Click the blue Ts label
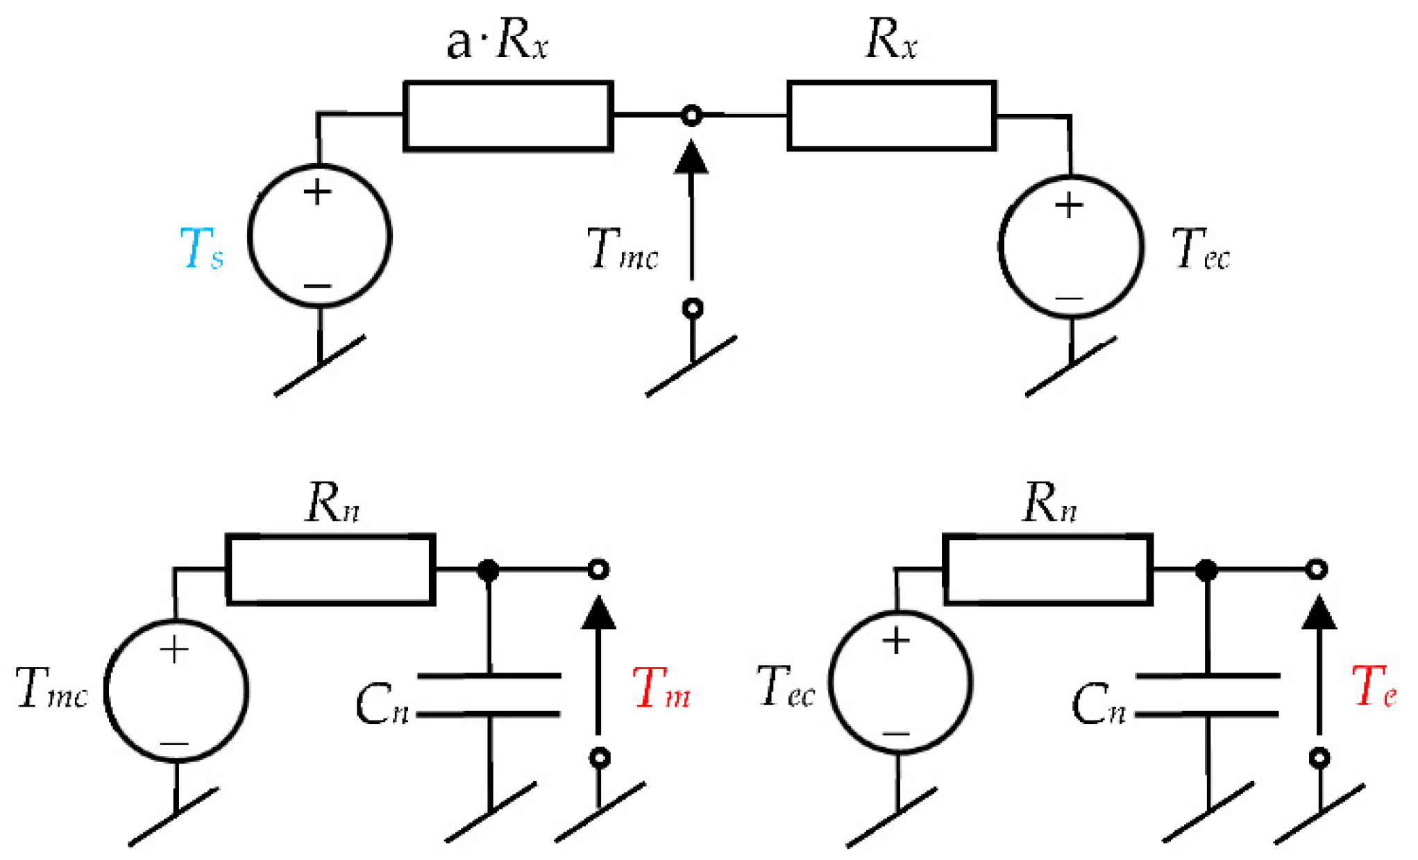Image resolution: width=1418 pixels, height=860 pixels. [201, 248]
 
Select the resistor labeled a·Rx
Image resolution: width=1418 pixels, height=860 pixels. [508, 116]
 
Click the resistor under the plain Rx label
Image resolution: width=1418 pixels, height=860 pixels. [892, 116]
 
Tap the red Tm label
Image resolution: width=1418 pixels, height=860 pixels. [661, 689]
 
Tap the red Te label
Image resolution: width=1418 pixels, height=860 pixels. [1374, 687]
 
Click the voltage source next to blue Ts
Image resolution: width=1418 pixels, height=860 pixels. [319, 236]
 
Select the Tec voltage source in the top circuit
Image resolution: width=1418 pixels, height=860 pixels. [1070, 247]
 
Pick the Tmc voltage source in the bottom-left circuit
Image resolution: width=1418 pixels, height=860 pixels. [176, 691]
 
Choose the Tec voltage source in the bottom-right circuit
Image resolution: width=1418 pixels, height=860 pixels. [900, 682]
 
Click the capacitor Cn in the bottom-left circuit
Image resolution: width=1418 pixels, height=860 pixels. [489, 695]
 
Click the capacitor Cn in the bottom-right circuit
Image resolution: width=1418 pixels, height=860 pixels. [1208, 695]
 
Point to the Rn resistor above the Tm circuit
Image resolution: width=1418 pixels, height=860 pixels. [330, 570]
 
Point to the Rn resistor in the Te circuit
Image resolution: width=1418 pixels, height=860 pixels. [1048, 570]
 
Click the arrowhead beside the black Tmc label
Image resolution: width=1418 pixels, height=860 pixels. [691, 158]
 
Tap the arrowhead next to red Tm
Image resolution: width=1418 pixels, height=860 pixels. [598, 614]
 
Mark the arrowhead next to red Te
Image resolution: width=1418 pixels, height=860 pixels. [1319, 614]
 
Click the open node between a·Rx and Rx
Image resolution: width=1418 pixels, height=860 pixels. [691, 115]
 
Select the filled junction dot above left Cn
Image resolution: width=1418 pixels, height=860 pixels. [489, 571]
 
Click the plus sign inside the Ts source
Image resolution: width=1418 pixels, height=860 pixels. [318, 192]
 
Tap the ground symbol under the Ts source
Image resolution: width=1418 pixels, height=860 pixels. [320, 366]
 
